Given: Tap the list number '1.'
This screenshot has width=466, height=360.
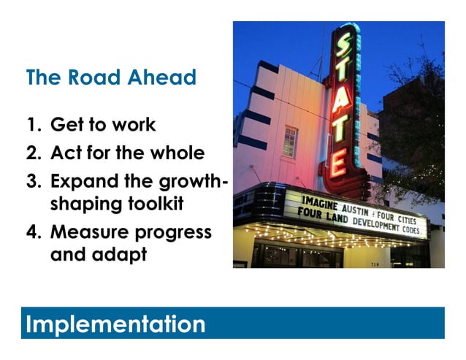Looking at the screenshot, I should click(34, 125).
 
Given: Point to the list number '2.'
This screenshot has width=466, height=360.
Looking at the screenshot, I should click(35, 153).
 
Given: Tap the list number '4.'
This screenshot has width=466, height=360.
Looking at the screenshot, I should click(35, 232).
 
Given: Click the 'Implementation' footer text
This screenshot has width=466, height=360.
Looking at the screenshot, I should click(115, 323).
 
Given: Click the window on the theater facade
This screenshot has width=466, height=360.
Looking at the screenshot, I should click(290, 142).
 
